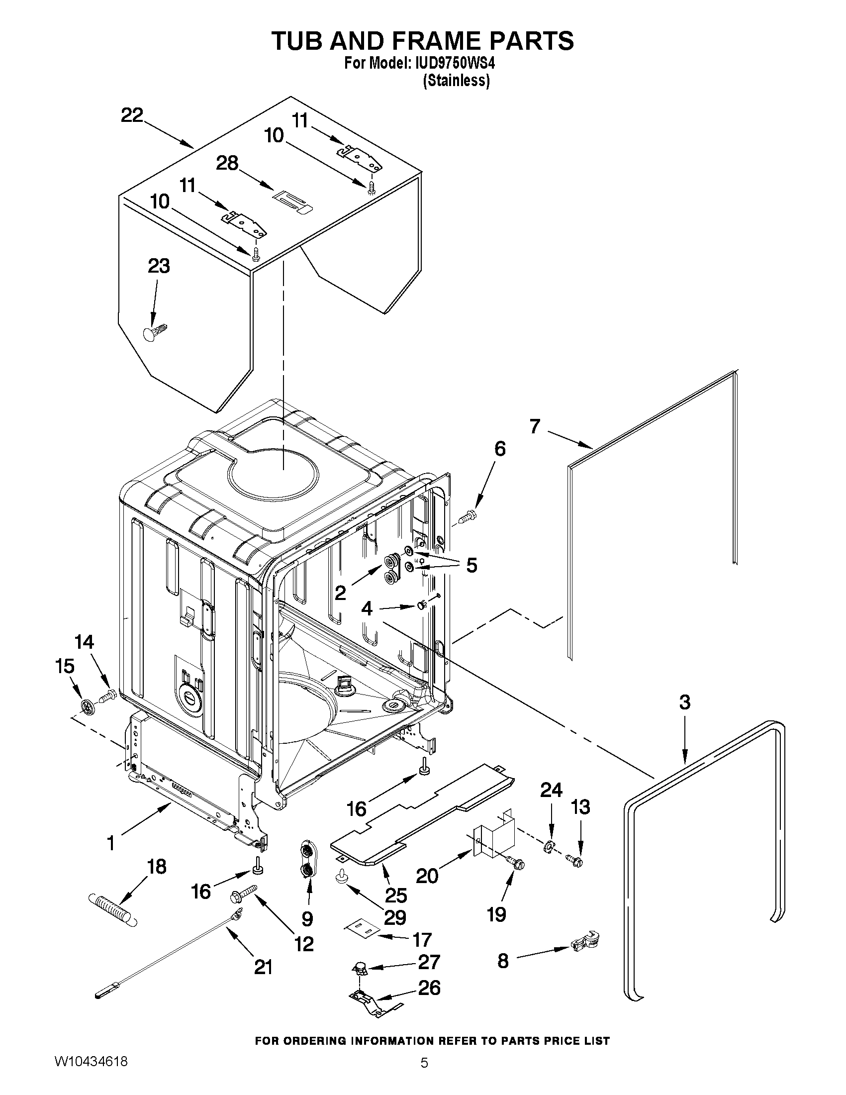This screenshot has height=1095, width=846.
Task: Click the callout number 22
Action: point(132,116)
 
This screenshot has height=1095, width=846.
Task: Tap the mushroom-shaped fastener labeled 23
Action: point(153,333)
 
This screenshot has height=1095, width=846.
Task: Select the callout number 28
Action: point(227,163)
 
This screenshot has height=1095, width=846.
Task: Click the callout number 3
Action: point(685,702)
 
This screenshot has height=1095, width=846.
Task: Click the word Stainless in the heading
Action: point(456,81)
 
